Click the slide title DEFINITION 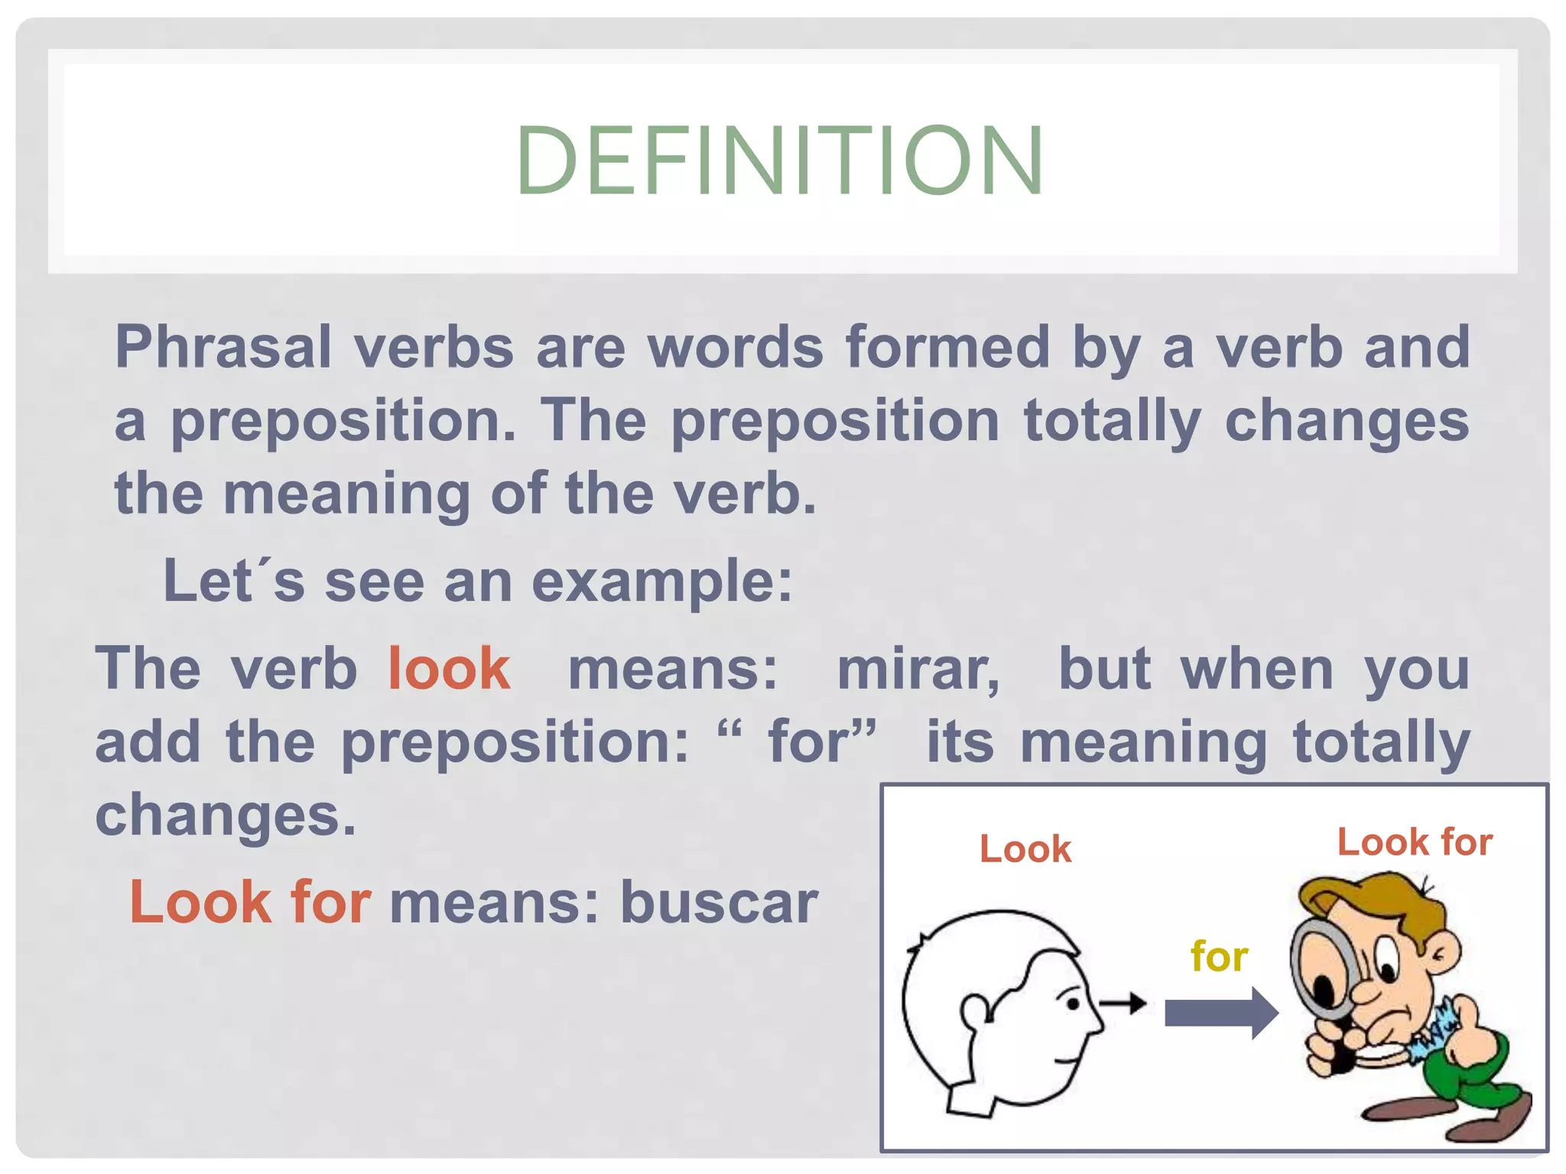(x=780, y=161)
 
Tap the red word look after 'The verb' (x=449, y=670)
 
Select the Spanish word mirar (x=918, y=670)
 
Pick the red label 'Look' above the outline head (x=1025, y=849)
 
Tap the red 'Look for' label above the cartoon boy (x=1415, y=842)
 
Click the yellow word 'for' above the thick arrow (x=1219, y=957)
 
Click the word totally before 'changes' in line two (x=1113, y=422)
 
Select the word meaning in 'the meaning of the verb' (x=346, y=495)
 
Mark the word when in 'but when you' (x=1257, y=670)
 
